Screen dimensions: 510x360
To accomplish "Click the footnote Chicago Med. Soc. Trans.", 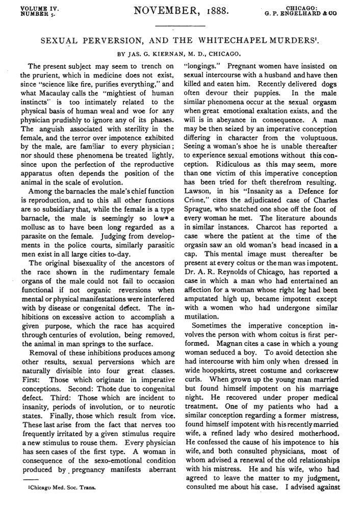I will [62, 501].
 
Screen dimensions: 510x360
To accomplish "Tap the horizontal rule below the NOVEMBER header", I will [179, 26].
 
